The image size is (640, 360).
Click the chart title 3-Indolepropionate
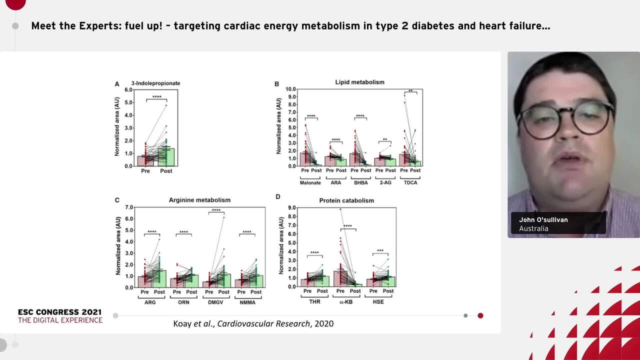tap(155, 83)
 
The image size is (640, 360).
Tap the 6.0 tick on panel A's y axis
tap(128, 90)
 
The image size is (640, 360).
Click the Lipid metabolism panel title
tap(359, 82)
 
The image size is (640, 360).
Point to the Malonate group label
tap(310, 182)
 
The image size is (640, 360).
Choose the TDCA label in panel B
tap(410, 182)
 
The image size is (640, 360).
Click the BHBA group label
tap(360, 182)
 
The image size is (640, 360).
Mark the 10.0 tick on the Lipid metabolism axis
tap(290, 89)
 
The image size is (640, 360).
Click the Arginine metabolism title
tap(199, 200)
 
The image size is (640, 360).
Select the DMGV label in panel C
tap(216, 302)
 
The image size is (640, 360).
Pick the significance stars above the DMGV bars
tap(216, 210)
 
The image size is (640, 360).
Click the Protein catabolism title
tap(346, 200)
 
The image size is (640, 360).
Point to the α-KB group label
tap(346, 302)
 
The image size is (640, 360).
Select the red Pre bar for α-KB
tap(340, 278)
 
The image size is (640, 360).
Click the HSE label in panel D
tap(378, 302)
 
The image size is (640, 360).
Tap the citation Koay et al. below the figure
tap(253, 323)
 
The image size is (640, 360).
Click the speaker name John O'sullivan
tap(543, 219)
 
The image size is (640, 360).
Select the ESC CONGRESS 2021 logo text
tap(60, 312)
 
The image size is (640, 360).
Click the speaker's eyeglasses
tap(565, 120)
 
